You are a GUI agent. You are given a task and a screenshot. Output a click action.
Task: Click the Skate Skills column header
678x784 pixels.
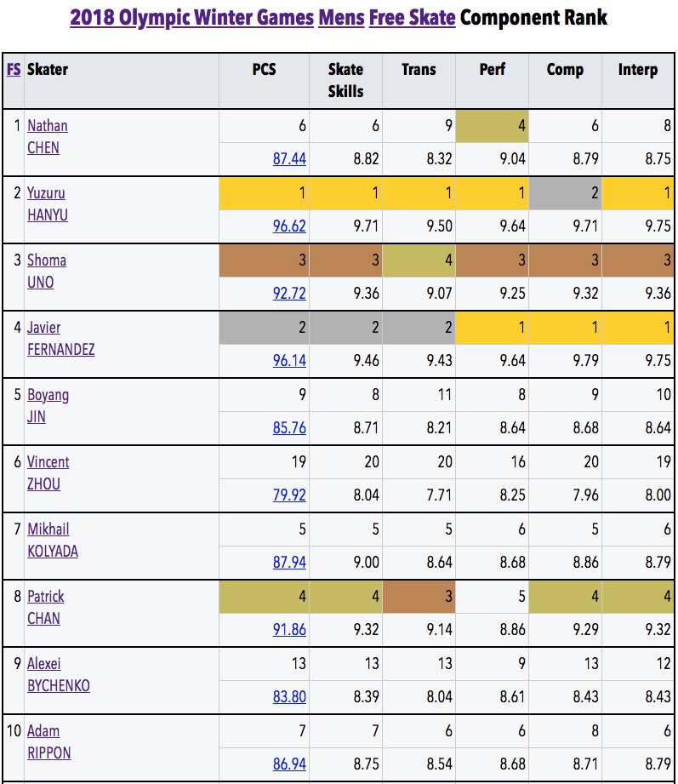(345, 80)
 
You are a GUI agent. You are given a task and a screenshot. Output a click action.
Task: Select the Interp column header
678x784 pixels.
(637, 70)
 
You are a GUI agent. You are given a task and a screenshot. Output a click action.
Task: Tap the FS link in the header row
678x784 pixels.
(14, 70)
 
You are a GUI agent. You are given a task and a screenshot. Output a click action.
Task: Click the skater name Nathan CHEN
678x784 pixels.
(47, 136)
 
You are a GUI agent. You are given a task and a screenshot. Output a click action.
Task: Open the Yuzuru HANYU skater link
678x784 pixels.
(47, 204)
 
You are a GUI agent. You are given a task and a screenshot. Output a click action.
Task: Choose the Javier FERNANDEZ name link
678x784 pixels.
(60, 339)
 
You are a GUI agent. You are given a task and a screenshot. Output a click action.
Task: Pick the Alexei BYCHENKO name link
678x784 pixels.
(59, 674)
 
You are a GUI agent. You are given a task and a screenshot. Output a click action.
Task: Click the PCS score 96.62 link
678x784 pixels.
(289, 226)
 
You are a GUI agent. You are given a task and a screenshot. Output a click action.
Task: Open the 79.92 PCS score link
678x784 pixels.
(289, 495)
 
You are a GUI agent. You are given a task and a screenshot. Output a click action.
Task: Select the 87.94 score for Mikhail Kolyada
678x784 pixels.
(289, 562)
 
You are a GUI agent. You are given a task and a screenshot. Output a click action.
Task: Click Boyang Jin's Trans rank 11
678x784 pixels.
(445, 394)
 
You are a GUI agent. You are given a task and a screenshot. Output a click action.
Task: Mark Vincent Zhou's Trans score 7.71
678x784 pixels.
(439, 495)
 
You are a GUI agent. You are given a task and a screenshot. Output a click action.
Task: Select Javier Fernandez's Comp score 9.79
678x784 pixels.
(585, 360)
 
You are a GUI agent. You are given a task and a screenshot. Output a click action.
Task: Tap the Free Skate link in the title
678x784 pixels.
(413, 18)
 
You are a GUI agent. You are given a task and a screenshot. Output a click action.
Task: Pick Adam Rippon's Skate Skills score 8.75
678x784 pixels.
(367, 764)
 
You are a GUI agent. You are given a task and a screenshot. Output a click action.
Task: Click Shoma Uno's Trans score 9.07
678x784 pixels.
(439, 293)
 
